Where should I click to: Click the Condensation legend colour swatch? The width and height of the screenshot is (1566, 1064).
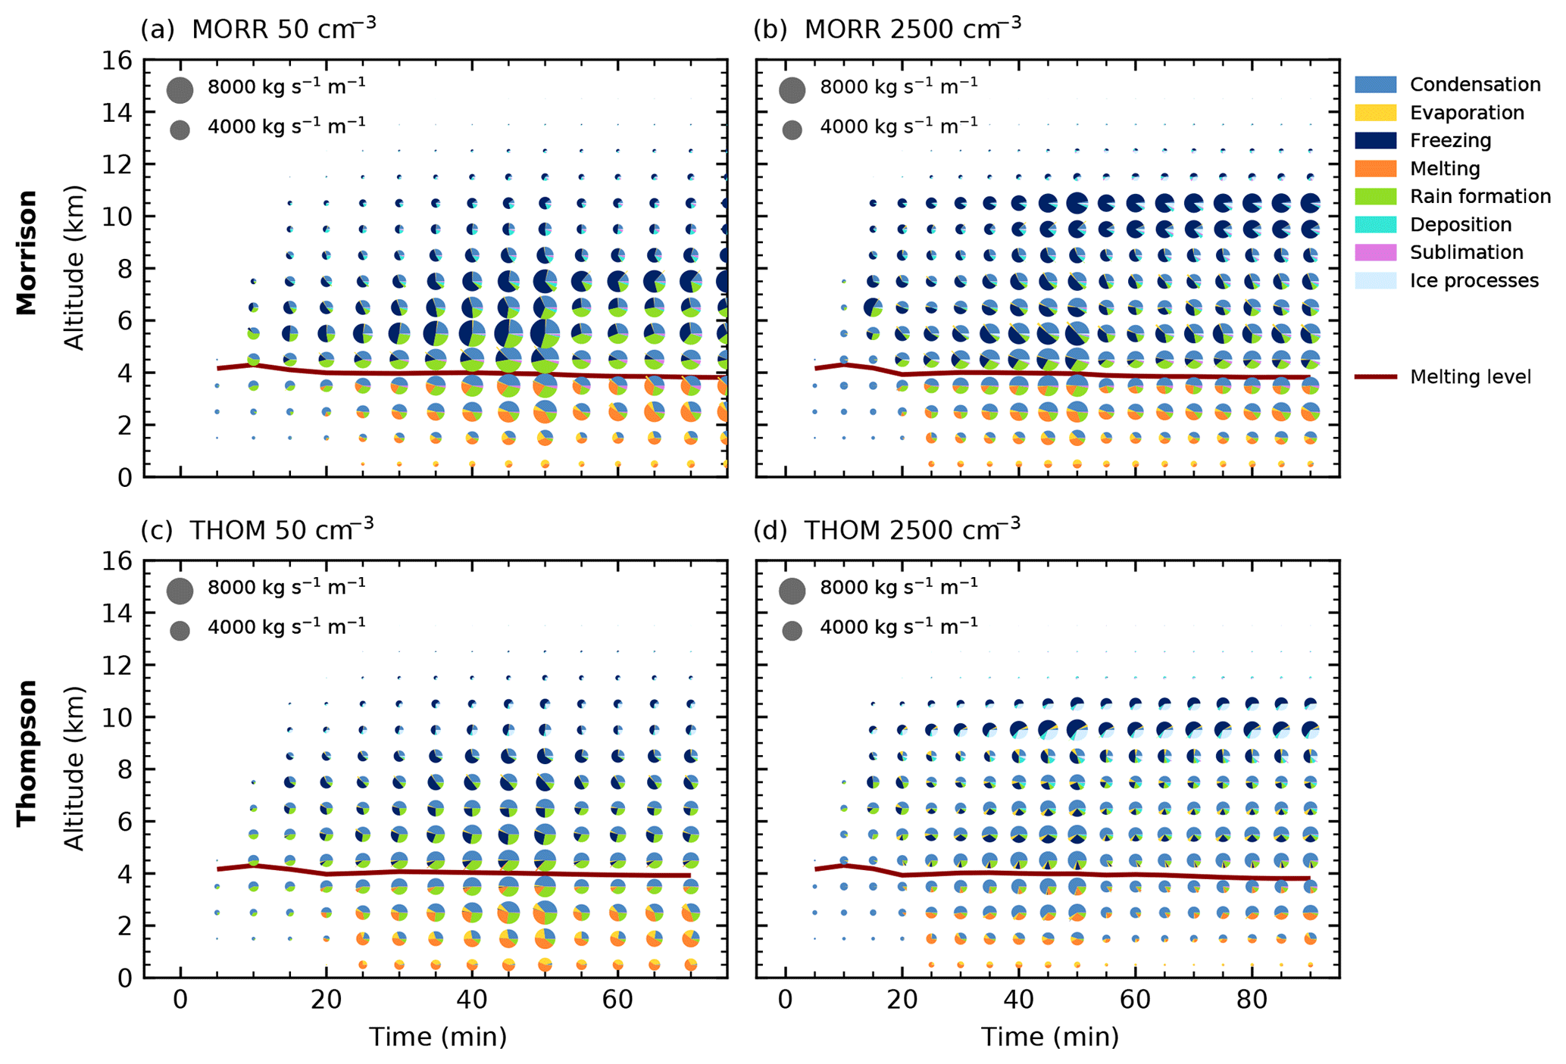coord(1375,84)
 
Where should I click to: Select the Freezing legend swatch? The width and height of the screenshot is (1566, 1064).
coord(1375,140)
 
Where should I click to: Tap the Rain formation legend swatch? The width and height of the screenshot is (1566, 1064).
coord(1375,196)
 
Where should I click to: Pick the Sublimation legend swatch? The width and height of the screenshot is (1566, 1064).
coord(1375,252)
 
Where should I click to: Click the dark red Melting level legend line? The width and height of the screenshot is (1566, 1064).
coord(1375,376)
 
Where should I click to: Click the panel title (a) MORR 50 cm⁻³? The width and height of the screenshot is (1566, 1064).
coord(258,29)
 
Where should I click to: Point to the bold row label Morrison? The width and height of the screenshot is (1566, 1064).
coord(27,253)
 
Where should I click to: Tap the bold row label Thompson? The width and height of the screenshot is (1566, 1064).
coord(27,753)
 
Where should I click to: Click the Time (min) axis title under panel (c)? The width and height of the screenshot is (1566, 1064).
coord(437,1037)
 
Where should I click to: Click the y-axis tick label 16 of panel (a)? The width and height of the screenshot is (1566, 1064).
coord(117,61)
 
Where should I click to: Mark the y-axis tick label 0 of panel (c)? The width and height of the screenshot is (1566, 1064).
coord(125,978)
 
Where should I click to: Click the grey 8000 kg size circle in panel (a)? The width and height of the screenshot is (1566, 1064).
coord(180,89)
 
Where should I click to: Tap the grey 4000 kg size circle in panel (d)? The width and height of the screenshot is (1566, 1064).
coord(792,630)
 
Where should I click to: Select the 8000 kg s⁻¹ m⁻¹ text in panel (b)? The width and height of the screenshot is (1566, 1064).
coord(899,86)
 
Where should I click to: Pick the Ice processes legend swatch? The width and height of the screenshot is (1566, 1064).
coord(1375,280)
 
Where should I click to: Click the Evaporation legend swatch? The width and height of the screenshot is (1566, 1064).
coord(1375,112)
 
